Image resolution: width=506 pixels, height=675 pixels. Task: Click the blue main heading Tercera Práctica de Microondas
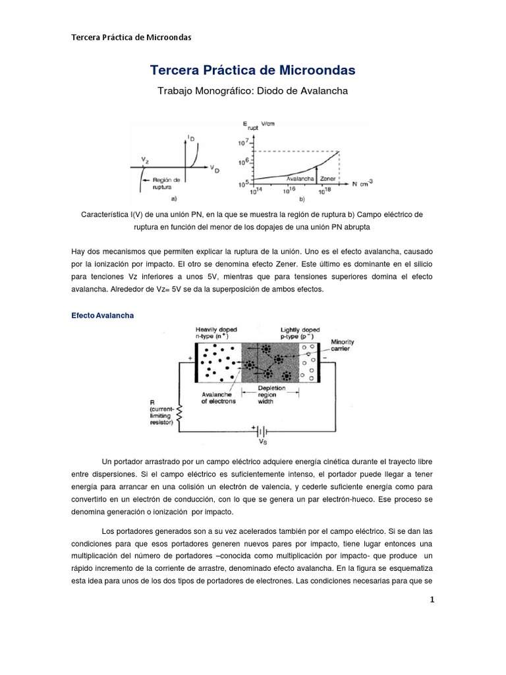click(253, 70)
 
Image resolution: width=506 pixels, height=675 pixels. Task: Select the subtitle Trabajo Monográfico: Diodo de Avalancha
click(253, 91)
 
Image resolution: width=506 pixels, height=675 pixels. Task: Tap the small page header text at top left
click(130, 37)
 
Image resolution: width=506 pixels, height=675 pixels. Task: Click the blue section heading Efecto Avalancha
click(102, 316)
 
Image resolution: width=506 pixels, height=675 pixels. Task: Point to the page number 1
click(432, 600)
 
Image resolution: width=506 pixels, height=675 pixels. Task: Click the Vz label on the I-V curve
click(144, 160)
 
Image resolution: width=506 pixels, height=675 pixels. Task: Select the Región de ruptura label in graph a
click(166, 182)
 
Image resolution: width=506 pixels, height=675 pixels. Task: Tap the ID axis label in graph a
click(191, 137)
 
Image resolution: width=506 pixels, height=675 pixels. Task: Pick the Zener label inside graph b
click(327, 178)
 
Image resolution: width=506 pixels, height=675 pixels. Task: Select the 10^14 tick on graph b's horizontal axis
click(254, 192)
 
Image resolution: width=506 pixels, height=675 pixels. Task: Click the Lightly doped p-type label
click(302, 332)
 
